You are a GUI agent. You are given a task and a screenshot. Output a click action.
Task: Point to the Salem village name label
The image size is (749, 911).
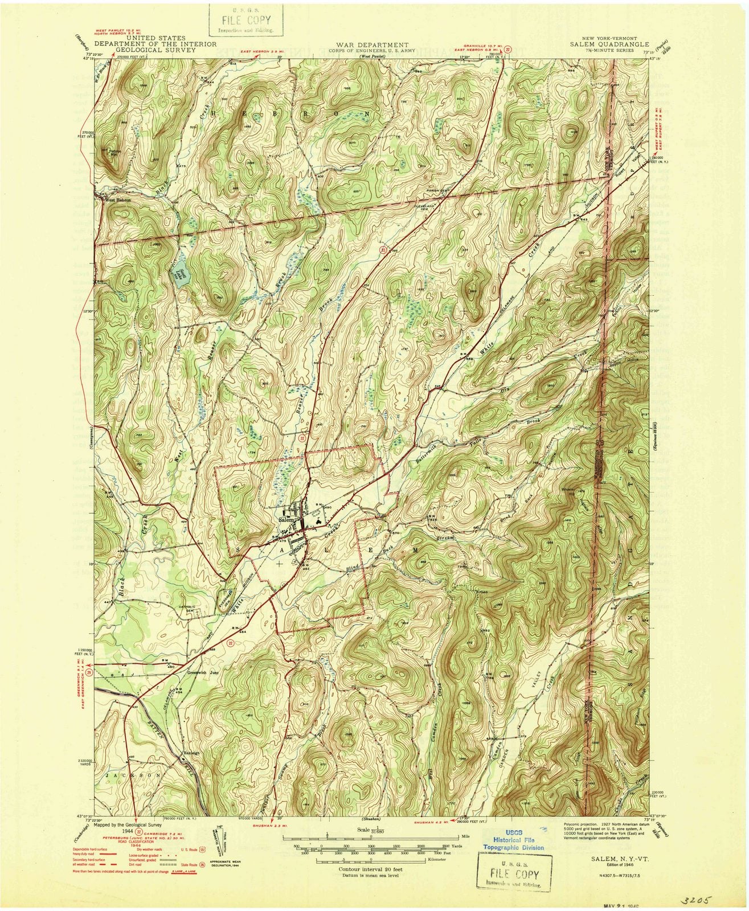(285, 520)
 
